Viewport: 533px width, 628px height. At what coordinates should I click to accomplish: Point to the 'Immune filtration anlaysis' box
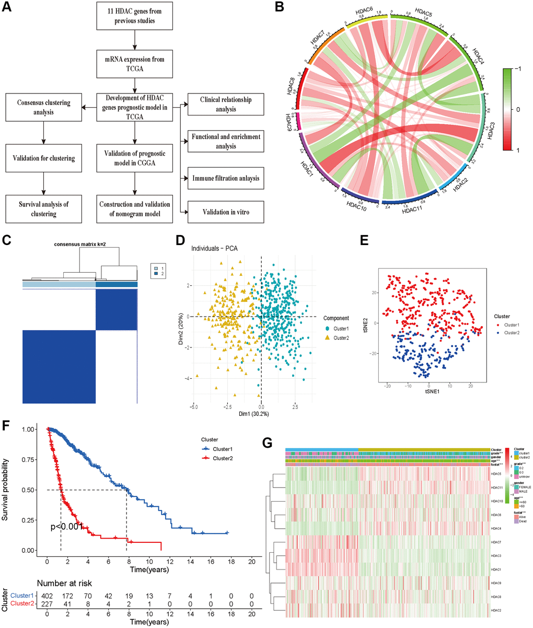click(x=225, y=179)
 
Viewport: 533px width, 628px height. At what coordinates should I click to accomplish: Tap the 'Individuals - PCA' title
click(x=214, y=248)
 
